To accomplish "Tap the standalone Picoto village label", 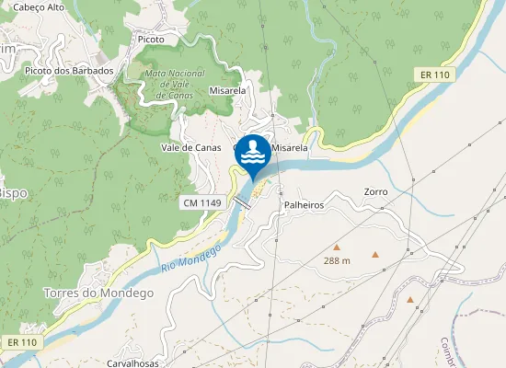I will [x=149, y=40].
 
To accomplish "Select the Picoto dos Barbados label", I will [x=69, y=71].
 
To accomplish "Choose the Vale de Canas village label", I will [x=190, y=147].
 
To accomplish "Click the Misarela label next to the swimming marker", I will [x=289, y=147].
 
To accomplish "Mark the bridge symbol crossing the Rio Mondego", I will [x=242, y=200].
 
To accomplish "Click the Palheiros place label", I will [x=305, y=205].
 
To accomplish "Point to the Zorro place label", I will [x=375, y=191].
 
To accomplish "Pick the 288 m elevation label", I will [x=338, y=261].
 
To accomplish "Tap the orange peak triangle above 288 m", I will [x=337, y=247].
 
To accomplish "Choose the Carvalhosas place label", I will [x=134, y=362].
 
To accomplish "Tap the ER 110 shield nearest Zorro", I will [x=434, y=75].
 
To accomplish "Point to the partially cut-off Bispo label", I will [x=11, y=193].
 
